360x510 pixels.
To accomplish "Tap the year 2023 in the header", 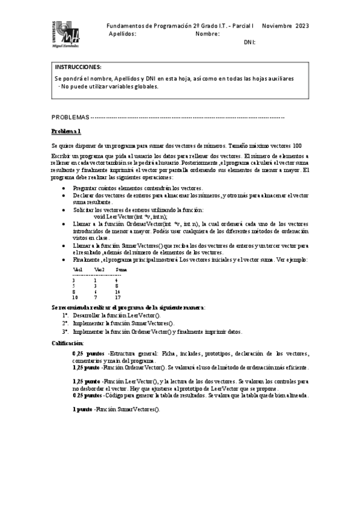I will pyautogui.click(x=301, y=26).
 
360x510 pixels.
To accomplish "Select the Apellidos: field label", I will pyautogui.click(x=123, y=34).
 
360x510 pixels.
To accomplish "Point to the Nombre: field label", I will pyautogui.click(x=207, y=34).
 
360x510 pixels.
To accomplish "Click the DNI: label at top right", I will pyautogui.click(x=249, y=43).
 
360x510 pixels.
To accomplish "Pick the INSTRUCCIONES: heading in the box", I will pyautogui.click(x=78, y=67).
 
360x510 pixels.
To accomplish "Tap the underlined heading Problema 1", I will pyautogui.click(x=66, y=131).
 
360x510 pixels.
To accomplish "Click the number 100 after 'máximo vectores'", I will pyautogui.click(x=297, y=146).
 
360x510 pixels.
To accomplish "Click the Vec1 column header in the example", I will pyautogui.click(x=78, y=269).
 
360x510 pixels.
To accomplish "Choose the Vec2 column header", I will pyautogui.click(x=99, y=269).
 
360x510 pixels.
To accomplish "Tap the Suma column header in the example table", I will pyautogui.click(x=121, y=269).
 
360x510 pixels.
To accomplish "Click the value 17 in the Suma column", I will pyautogui.click(x=118, y=297).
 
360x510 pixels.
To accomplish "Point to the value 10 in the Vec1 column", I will pyautogui.click(x=75, y=297).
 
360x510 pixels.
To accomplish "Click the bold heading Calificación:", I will pyautogui.click(x=72, y=342).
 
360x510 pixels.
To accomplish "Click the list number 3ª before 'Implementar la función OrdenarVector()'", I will pyautogui.click(x=65, y=331).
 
